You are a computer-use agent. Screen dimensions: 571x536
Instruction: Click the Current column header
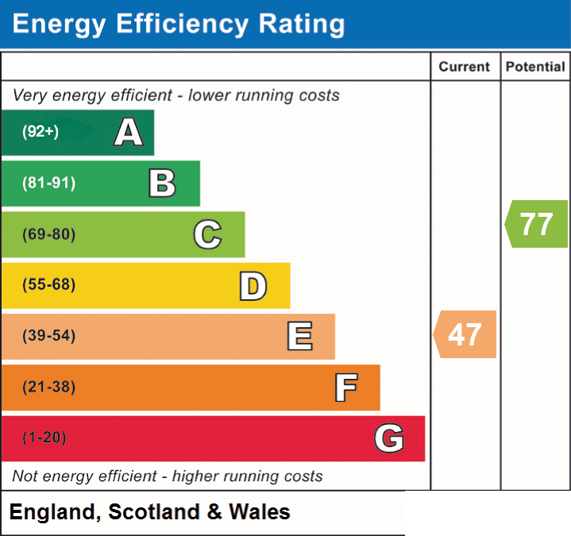click(x=465, y=67)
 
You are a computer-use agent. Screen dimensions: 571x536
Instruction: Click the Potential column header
click(x=535, y=67)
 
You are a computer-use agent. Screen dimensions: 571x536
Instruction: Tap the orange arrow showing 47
click(x=465, y=334)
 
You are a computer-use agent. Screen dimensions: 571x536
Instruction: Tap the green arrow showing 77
click(x=536, y=224)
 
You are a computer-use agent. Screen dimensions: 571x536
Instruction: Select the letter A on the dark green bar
click(x=129, y=132)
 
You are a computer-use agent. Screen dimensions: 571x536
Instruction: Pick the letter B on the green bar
click(x=163, y=183)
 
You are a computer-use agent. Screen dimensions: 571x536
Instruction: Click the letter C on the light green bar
click(x=207, y=234)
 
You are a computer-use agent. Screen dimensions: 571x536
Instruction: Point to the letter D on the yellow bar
click(x=253, y=286)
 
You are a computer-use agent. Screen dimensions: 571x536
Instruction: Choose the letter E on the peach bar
click(x=299, y=336)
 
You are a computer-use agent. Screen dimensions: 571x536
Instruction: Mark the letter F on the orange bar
click(x=346, y=388)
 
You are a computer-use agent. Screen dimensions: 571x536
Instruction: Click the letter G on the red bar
click(x=389, y=438)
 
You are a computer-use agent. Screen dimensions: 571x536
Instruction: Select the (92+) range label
click(x=41, y=131)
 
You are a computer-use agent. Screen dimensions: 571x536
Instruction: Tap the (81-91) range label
click(x=48, y=183)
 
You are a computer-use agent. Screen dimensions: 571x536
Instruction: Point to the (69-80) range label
click(x=48, y=234)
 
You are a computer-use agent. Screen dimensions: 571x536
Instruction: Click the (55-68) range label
click(x=48, y=284)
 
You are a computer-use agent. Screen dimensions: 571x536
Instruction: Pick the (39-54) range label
click(x=48, y=335)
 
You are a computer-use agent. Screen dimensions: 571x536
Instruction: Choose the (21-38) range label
click(x=48, y=387)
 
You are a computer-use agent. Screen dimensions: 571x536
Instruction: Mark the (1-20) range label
click(x=44, y=438)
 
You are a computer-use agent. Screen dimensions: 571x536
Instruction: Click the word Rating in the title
click(x=302, y=25)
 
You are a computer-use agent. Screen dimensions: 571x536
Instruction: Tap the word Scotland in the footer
click(x=154, y=511)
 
